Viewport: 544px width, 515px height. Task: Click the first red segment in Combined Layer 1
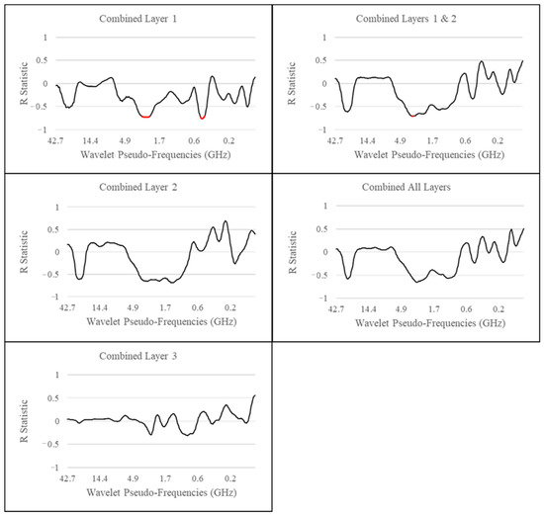pyautogui.click(x=146, y=117)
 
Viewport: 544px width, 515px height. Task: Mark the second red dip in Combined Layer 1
pyautogui.click(x=203, y=118)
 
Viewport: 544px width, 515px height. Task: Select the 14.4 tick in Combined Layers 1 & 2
pyautogui.click(x=368, y=141)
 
